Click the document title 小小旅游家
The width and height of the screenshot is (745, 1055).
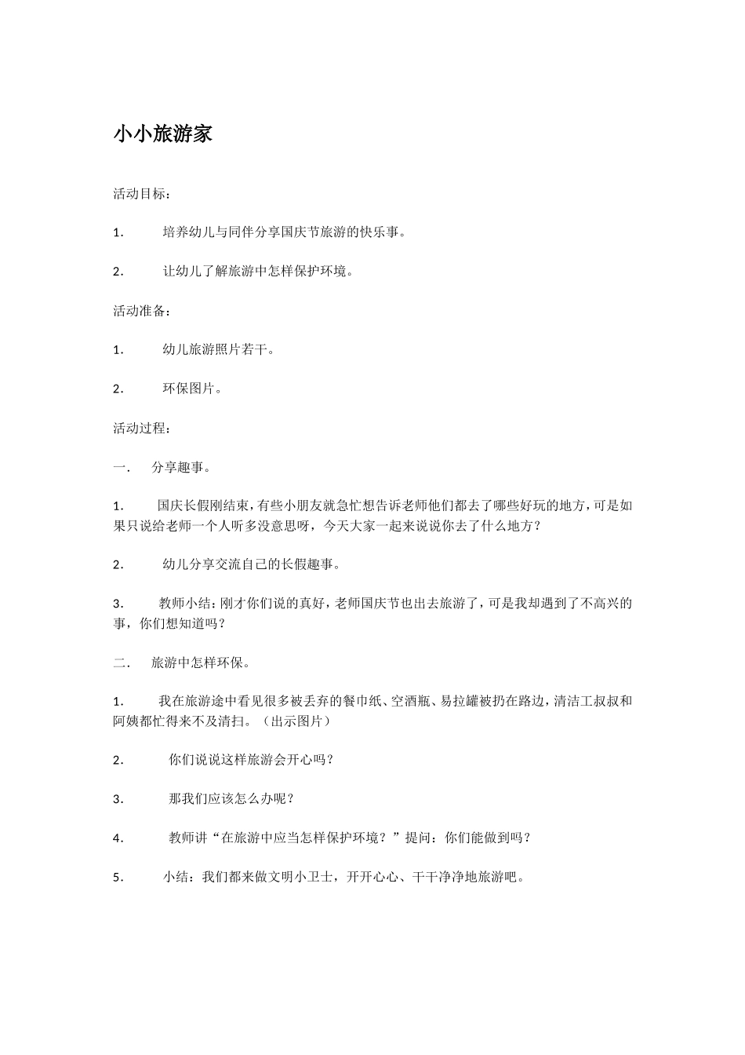pyautogui.click(x=163, y=134)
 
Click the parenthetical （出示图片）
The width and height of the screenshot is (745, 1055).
pyautogui.click(x=296, y=721)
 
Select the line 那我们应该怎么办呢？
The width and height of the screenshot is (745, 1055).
pyautogui.click(x=231, y=799)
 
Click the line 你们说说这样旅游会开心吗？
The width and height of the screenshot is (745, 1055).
pyautogui.click(x=251, y=760)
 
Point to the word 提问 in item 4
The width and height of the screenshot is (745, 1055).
pyautogui.click(x=418, y=838)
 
